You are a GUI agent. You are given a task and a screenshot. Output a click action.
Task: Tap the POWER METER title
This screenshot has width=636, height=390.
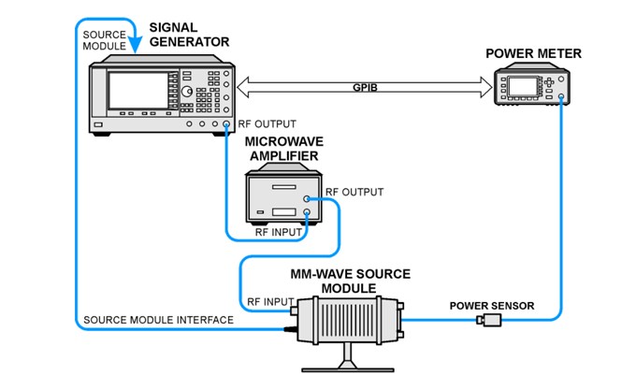[x=533, y=53]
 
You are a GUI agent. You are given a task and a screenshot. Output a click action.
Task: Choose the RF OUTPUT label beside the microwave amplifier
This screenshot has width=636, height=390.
[x=354, y=192]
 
